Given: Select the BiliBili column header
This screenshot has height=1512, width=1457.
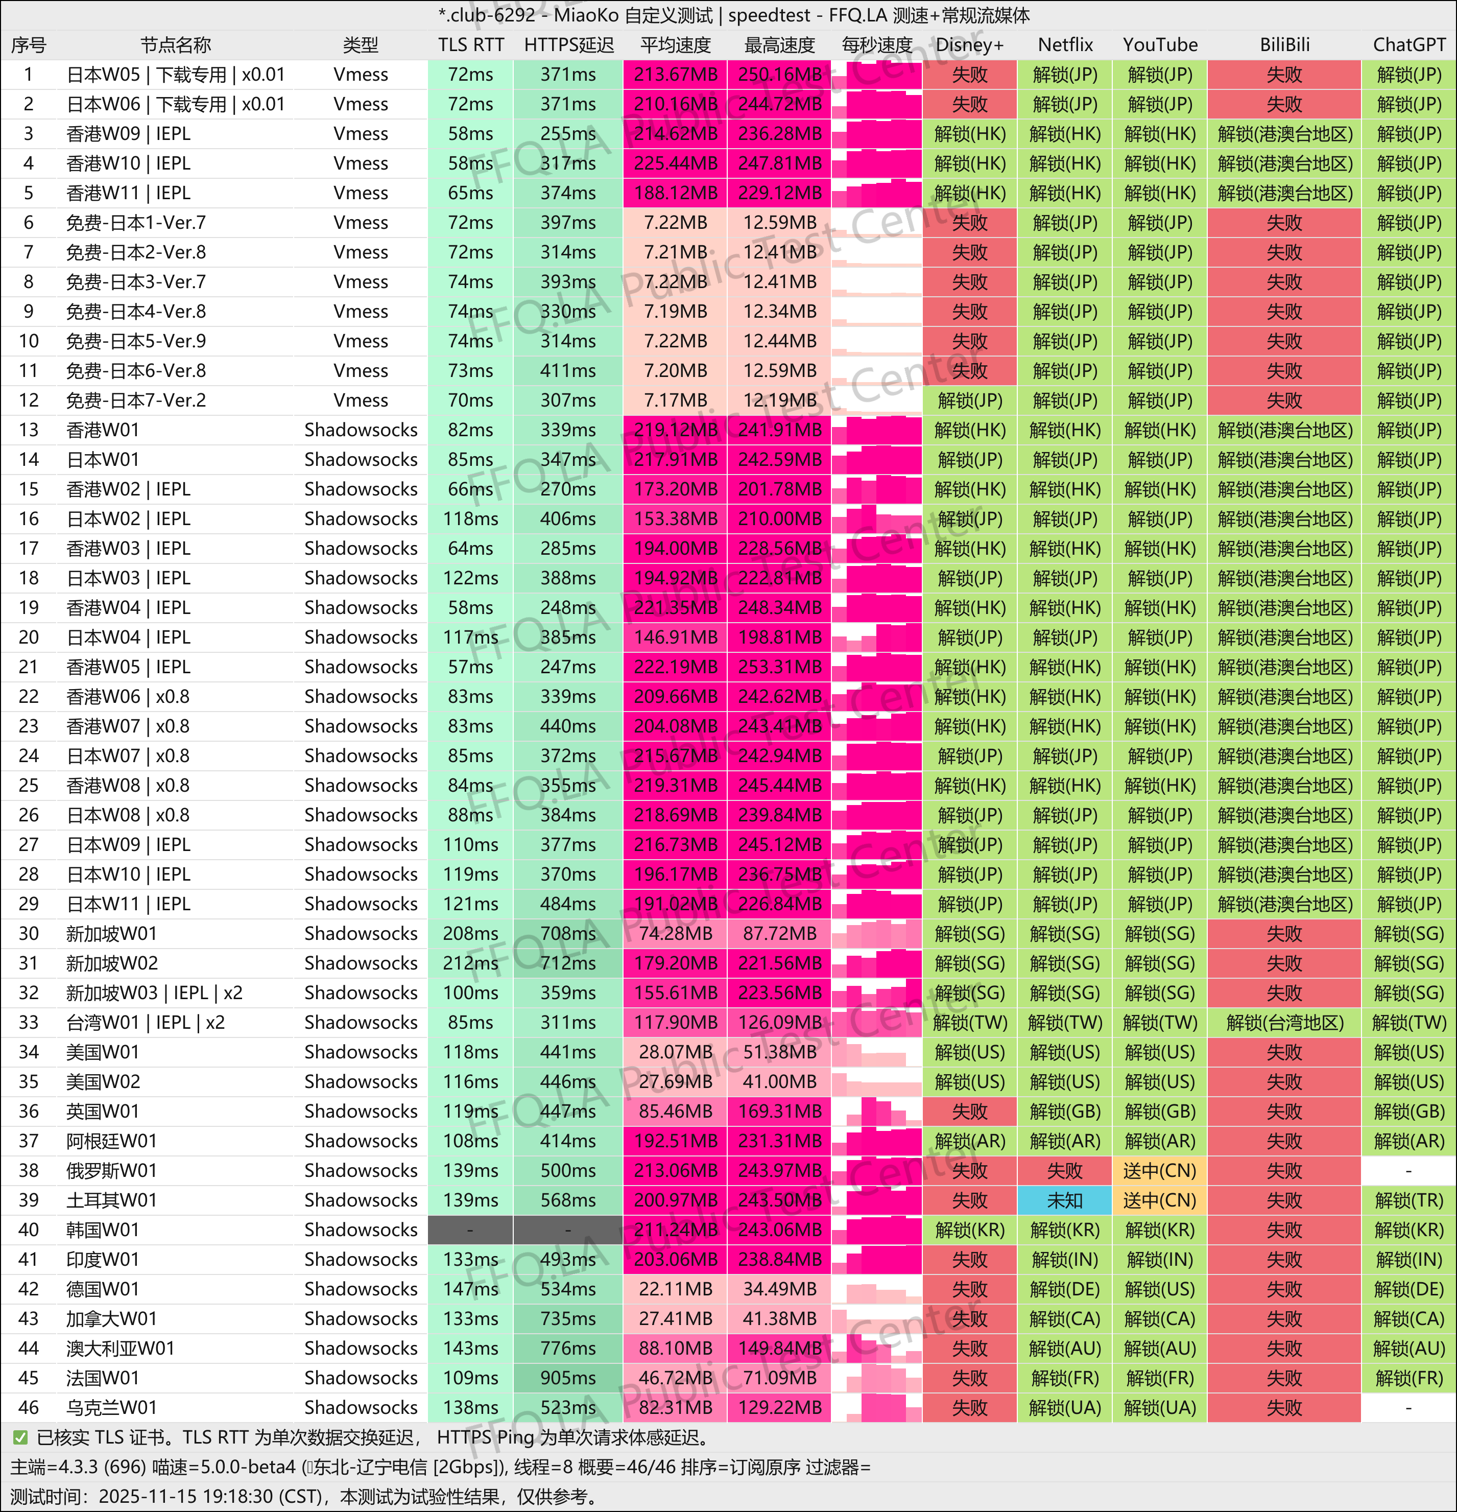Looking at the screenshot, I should click(x=1284, y=45).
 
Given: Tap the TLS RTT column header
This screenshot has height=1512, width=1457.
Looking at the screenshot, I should click(x=470, y=45).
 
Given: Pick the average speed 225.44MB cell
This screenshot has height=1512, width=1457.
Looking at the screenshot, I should click(x=675, y=163).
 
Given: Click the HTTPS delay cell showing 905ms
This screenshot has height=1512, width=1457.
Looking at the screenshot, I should click(x=568, y=1378).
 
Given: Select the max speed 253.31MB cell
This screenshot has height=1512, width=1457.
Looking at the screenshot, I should click(x=779, y=667).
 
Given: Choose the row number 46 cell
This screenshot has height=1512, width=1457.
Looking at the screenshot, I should click(x=29, y=1407).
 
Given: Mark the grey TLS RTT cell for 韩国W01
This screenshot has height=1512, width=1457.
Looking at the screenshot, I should click(x=470, y=1230).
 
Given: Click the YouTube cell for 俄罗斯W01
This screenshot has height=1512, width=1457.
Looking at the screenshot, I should click(x=1159, y=1170).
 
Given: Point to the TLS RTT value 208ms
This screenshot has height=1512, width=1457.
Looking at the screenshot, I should click(x=470, y=933).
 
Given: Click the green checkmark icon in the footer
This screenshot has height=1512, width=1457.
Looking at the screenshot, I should click(x=20, y=1437).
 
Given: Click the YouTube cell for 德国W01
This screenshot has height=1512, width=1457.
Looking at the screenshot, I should click(x=1159, y=1289).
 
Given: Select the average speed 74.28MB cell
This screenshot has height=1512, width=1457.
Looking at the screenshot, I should click(x=675, y=933).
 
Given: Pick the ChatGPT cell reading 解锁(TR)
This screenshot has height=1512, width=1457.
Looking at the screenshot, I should click(x=1408, y=1200).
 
